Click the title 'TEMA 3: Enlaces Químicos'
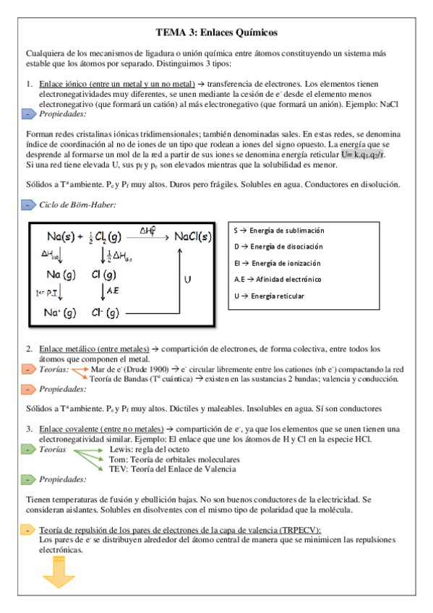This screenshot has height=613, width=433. coord(216,33)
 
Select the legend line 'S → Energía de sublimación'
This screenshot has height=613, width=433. coord(279,231)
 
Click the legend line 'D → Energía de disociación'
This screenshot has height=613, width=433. coord(279,247)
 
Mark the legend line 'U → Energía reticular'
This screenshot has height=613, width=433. coord(269,296)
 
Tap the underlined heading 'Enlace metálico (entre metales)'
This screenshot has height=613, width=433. coord(93,348)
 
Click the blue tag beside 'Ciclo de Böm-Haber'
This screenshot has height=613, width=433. coord(27,205)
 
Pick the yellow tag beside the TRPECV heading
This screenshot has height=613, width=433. coord(27,530)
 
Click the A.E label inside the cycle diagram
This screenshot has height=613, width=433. coord(113,289)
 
